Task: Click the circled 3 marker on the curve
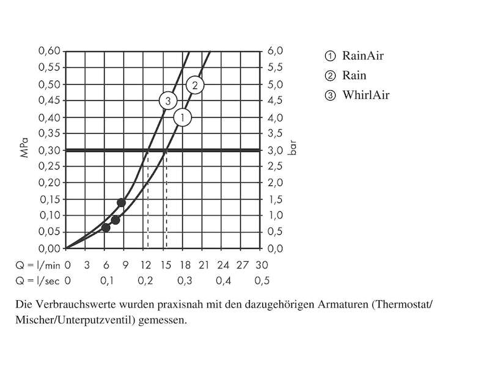(168, 101)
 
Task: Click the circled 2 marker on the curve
(194, 85)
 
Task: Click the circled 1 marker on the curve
(183, 117)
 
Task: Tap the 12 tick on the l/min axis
(145, 265)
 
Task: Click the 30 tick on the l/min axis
(262, 265)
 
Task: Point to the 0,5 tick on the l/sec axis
(262, 281)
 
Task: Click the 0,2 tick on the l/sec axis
(145, 281)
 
